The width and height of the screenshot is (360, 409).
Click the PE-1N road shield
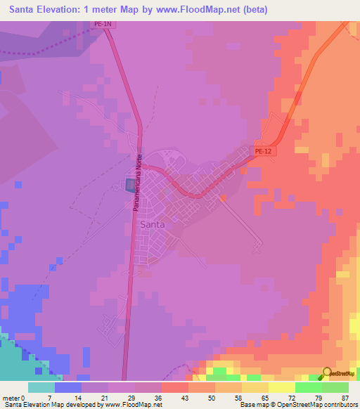[103, 24]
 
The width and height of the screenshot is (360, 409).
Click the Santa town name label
[153, 224]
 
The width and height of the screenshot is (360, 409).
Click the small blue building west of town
[131, 184]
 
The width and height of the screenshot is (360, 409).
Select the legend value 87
[345, 398]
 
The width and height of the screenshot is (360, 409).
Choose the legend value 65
[266, 398]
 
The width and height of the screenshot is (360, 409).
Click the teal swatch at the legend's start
[41, 387]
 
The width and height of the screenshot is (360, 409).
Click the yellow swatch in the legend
[281, 387]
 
